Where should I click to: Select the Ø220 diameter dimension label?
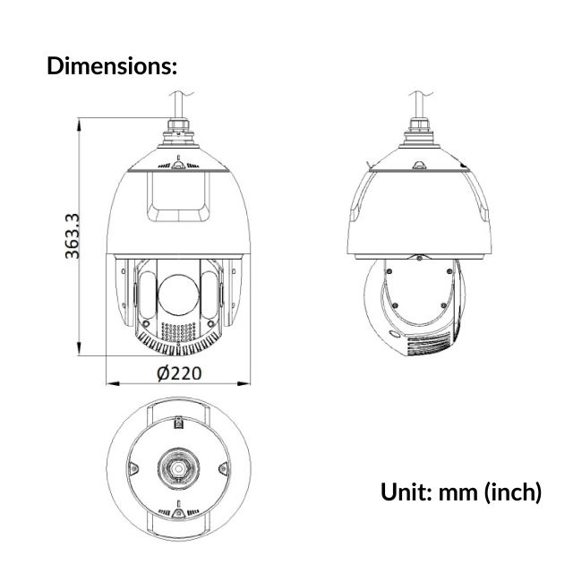178,372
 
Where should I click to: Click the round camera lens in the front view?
178,294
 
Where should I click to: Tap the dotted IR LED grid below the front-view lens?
178,332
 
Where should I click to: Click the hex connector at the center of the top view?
177,469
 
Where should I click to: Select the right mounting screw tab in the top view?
223,468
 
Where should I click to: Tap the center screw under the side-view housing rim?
418,258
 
